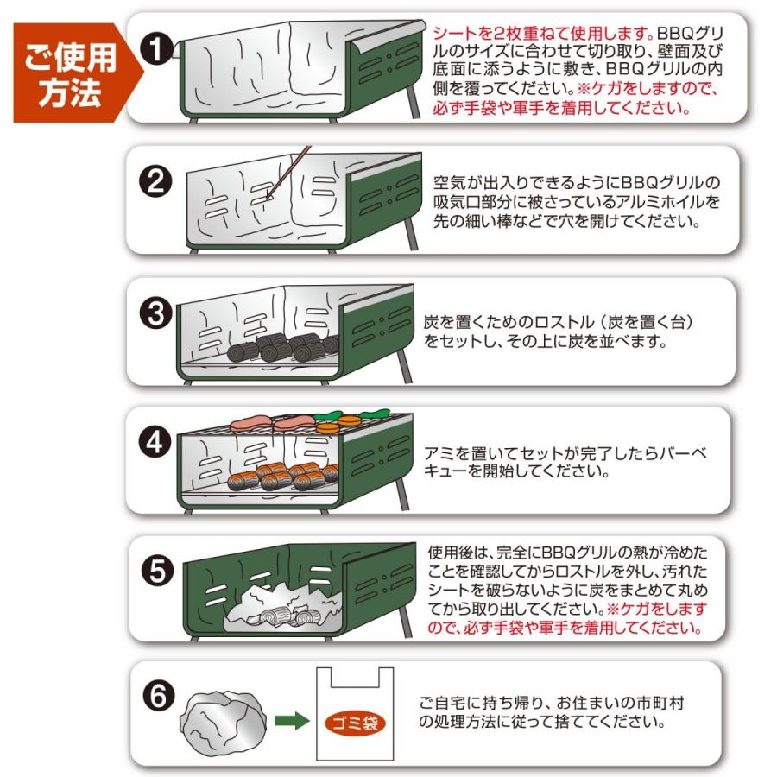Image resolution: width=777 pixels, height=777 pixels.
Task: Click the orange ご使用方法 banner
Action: pos(74,73)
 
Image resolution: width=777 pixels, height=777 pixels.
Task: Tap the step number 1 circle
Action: pos(156,49)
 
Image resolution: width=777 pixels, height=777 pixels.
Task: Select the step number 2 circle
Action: pos(155,181)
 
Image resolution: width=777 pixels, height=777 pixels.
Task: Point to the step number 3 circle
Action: pos(156,313)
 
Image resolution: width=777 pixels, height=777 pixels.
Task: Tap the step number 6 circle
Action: pos(159,695)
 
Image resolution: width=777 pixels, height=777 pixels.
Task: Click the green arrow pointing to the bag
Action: pos(293,721)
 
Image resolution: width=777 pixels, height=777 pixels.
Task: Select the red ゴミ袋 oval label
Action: pos(356,723)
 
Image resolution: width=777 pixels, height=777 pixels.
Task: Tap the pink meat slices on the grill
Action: pos(273,423)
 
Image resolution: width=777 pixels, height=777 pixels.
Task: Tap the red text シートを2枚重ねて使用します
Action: pos(544,34)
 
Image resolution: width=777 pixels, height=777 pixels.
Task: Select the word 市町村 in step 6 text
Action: pos(659,703)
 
